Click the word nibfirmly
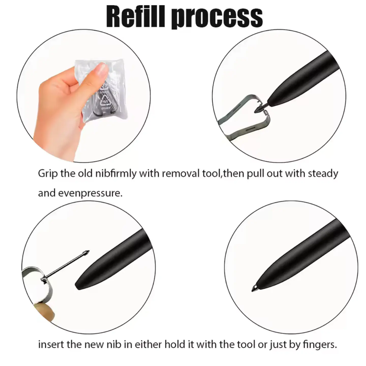click(x=116, y=174)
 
